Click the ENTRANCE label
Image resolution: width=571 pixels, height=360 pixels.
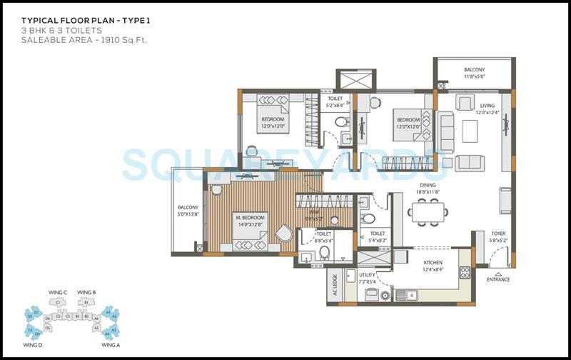tap(498, 279)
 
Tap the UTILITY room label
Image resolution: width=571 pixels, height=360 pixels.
tap(366, 274)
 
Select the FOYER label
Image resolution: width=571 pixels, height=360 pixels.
tap(498, 234)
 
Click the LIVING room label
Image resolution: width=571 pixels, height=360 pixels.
tap(487, 106)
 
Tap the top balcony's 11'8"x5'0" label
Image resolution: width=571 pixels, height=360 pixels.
tap(473, 76)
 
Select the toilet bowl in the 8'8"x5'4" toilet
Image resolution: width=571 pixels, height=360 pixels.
tap(324, 251)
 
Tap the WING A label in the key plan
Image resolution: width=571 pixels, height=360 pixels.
tap(110, 345)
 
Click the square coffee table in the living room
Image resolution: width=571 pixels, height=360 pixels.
tap(470, 131)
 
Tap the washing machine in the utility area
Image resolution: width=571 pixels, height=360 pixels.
tap(385, 294)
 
